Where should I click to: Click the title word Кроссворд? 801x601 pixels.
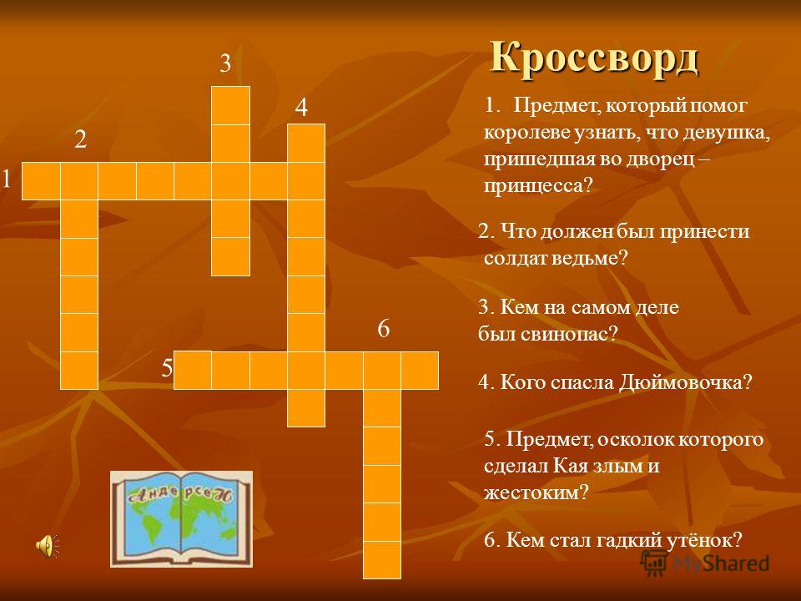[595, 58]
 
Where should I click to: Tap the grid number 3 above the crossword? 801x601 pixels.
[225, 64]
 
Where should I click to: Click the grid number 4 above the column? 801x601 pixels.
[302, 108]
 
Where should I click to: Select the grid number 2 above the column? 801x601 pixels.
[81, 139]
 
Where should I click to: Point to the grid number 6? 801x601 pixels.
[384, 328]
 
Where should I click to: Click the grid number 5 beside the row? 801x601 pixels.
[167, 368]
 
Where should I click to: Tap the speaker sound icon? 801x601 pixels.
[48, 545]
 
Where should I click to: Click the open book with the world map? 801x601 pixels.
[181, 518]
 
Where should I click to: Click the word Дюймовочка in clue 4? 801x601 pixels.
[686, 382]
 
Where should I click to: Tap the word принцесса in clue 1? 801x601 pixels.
[537, 185]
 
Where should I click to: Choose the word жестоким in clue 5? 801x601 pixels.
[537, 492]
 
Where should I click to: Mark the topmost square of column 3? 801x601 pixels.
[231, 105]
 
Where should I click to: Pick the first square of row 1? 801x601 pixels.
[41, 181]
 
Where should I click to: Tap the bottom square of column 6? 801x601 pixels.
[382, 559]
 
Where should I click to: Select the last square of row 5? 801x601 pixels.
[420, 370]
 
